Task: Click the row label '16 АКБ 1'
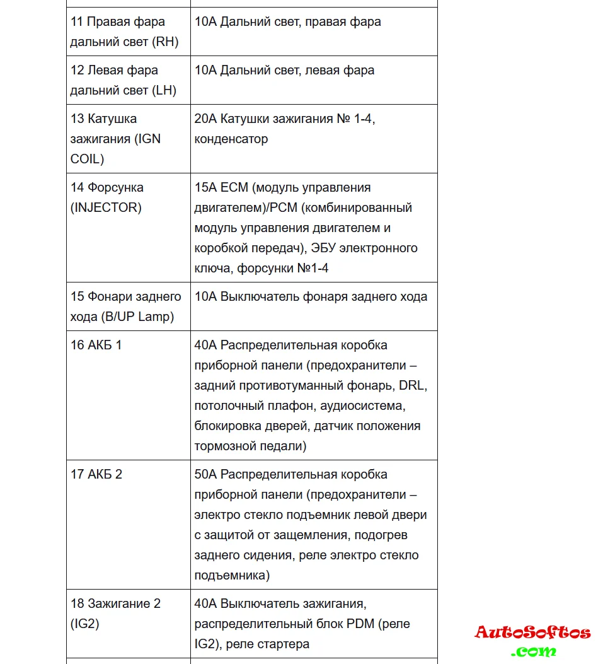point(96,346)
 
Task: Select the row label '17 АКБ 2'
point(96,474)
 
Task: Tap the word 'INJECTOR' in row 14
point(106,207)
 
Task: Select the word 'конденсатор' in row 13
point(231,139)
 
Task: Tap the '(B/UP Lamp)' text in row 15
point(137,317)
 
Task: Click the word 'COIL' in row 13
point(87,159)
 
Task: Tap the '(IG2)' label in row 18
point(85,624)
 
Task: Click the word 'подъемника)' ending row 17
point(233,575)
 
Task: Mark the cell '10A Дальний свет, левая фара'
point(284,70)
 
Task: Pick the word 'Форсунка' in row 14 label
point(115,187)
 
